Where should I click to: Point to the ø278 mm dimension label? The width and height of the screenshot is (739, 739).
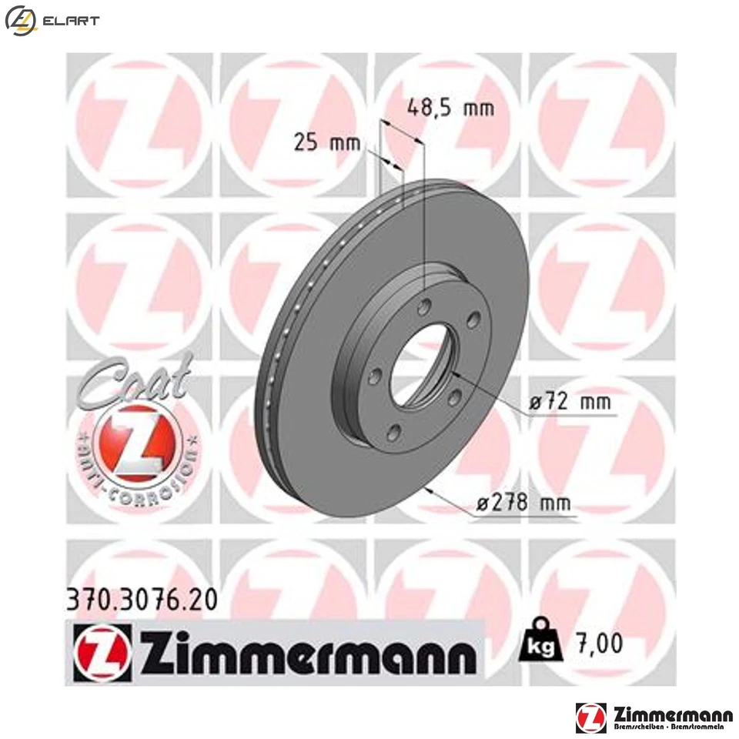click(x=524, y=504)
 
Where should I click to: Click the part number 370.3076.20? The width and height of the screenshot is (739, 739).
click(x=138, y=598)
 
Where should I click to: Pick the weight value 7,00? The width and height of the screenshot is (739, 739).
click(x=597, y=644)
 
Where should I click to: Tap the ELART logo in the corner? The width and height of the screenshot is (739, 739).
click(x=52, y=21)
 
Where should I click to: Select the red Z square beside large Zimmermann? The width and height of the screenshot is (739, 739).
click(x=103, y=652)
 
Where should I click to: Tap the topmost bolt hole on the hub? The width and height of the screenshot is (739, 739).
click(x=423, y=307)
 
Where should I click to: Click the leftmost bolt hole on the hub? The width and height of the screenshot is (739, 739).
click(x=375, y=376)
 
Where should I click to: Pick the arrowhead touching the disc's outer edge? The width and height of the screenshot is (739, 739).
click(x=428, y=491)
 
